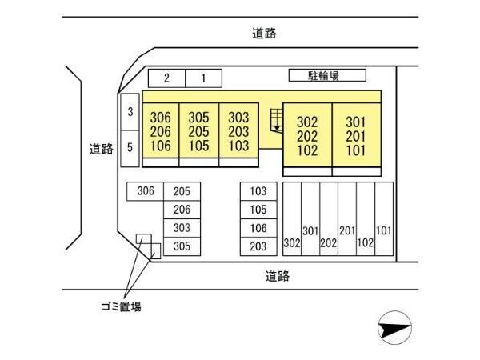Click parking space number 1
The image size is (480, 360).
[x=203, y=78]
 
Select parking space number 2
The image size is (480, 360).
[x=167, y=78]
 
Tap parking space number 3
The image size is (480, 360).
[x=130, y=112]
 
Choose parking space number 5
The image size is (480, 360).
[x=130, y=149]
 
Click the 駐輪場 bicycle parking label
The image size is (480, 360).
[x=323, y=75]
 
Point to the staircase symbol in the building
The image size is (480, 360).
[x=277, y=121]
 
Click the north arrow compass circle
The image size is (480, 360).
[x=395, y=327]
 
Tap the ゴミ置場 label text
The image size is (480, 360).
[x=122, y=306]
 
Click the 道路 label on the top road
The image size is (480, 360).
[x=264, y=34]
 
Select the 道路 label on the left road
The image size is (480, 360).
[x=102, y=149]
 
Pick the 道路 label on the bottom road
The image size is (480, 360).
[x=278, y=276]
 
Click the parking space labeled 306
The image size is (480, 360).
[x=146, y=191]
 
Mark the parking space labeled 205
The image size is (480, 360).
[x=182, y=191]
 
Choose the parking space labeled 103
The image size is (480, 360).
[x=258, y=191]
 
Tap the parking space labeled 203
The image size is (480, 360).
[x=258, y=246]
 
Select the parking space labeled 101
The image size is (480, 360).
[x=384, y=219]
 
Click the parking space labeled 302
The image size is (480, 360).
[x=292, y=219]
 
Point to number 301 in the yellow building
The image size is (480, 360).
[x=356, y=122]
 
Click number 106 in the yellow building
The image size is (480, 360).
[x=161, y=146]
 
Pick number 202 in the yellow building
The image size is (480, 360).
[x=307, y=137]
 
